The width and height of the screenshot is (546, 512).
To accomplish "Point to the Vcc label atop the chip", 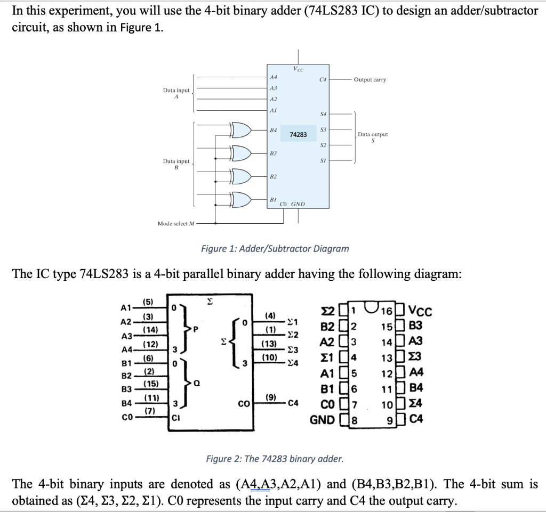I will pos(298,69).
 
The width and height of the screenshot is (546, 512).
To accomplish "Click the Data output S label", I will pos(373,137).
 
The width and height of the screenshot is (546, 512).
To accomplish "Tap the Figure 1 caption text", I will pos(275,248).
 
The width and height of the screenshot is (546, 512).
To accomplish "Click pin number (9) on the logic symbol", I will pos(271,396).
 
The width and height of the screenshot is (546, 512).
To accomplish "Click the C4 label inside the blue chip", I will pos(322,79).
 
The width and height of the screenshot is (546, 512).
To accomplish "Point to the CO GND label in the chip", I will pos(292,204).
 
